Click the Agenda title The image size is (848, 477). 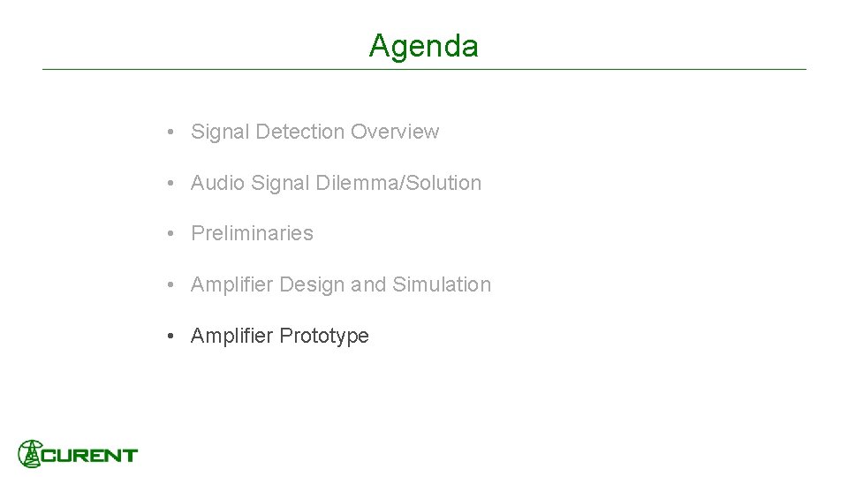point(424,45)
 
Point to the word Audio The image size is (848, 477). point(217,183)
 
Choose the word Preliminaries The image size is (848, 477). point(252,233)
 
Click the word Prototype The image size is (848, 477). point(323,336)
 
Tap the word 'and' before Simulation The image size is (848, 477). point(368,284)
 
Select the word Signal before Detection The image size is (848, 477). point(220,132)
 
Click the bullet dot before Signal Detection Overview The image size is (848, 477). point(168,132)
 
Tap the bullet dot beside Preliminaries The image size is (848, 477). point(168,234)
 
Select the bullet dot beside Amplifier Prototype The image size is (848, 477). point(168,337)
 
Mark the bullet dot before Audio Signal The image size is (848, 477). point(168,184)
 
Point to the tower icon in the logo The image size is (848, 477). point(31,453)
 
